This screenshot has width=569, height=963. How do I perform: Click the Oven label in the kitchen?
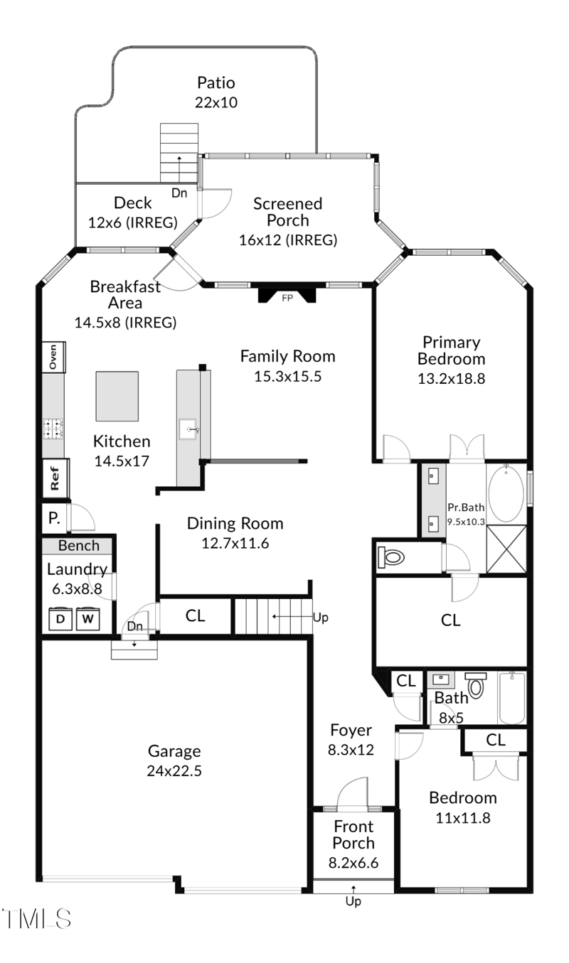click(53, 357)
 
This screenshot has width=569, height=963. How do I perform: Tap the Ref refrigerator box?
click(55, 478)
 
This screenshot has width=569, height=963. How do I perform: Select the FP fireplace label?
click(287, 298)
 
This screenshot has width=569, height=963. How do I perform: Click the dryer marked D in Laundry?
click(60, 618)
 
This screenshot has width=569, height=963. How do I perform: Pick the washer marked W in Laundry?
click(87, 618)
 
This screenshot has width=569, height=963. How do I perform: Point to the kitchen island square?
click(117, 397)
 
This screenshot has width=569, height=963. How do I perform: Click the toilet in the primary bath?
click(391, 557)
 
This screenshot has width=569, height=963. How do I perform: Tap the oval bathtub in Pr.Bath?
click(506, 493)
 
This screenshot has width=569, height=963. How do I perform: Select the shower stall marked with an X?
click(506, 549)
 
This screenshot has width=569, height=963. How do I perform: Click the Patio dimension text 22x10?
click(216, 102)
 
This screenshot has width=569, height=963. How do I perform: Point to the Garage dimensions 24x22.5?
click(174, 771)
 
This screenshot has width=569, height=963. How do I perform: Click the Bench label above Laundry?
click(79, 546)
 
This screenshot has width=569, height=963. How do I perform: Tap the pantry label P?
click(54, 518)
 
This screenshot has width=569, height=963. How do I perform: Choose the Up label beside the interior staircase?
click(320, 618)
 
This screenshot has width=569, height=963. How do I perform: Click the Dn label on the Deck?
click(179, 193)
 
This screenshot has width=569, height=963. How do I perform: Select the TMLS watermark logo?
click(36, 919)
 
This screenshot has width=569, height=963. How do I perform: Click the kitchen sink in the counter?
click(188, 429)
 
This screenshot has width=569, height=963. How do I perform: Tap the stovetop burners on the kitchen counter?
click(53, 429)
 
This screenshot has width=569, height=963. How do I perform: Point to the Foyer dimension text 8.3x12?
click(351, 750)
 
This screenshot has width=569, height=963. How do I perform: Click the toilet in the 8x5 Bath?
click(476, 685)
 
